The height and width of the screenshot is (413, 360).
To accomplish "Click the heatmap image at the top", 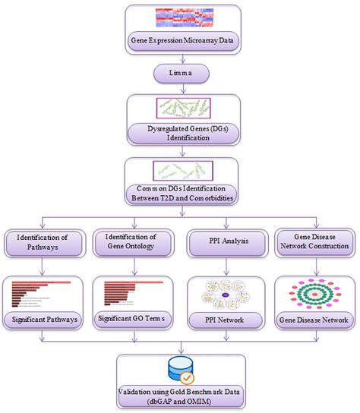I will coord(180,18).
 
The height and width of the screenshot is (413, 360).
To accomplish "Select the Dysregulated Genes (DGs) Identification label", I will coord(180,134).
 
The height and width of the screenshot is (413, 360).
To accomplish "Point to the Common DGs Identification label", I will coord(180,194).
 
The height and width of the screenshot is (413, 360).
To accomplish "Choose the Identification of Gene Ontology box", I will coord(131,244).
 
